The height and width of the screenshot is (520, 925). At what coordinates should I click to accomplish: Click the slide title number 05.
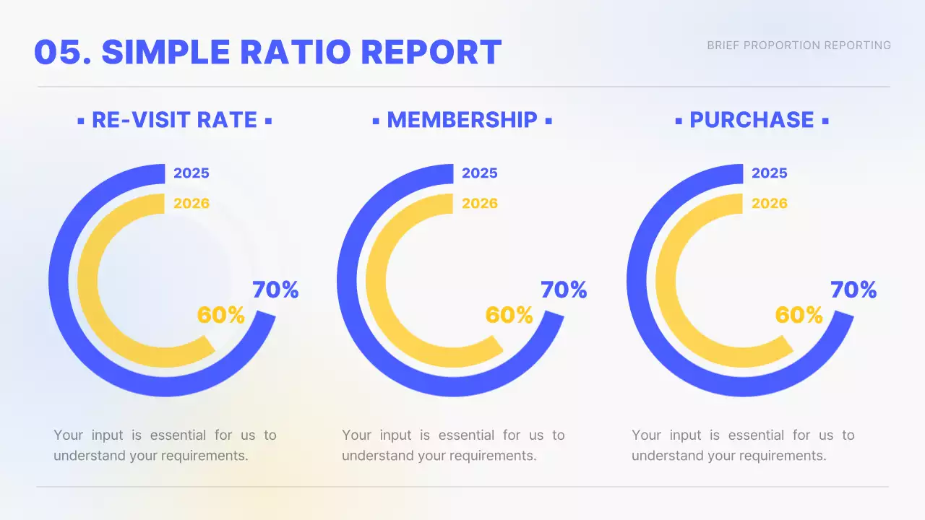point(62,52)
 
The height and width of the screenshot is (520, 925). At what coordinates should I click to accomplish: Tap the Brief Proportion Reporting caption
point(799,45)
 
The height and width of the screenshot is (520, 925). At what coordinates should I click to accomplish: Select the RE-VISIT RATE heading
point(174,120)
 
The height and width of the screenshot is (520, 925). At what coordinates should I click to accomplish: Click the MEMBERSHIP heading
point(462,120)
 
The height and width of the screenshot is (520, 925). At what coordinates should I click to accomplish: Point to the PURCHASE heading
point(752,120)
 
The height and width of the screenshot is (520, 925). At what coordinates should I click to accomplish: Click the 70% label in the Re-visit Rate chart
point(275,290)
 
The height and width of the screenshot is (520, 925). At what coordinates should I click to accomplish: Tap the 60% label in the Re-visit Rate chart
point(220,316)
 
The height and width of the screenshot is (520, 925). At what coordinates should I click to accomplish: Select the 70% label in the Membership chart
point(564,290)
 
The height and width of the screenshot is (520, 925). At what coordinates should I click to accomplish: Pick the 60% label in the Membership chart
point(509,316)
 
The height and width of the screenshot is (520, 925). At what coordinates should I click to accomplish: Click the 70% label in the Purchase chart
point(853,290)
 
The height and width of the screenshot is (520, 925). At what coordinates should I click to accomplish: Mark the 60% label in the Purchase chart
point(799,316)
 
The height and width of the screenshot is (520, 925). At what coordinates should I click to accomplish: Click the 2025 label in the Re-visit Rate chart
point(192,173)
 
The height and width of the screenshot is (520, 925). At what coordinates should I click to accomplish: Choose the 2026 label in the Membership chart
point(480,204)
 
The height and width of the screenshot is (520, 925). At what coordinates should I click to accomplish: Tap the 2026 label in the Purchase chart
point(770,204)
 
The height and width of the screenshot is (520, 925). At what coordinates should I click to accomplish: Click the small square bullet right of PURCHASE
point(825,121)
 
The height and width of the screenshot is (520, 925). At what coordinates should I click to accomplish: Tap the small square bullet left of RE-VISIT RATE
point(81,121)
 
